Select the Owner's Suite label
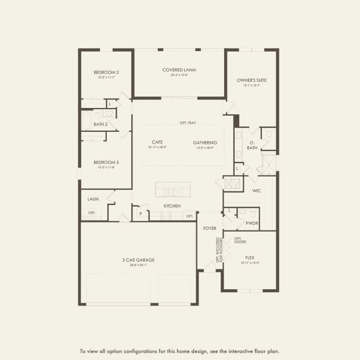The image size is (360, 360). (x=251, y=80)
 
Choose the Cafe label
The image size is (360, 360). (x=158, y=143)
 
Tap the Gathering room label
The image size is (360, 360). (x=205, y=143)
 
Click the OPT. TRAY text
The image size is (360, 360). (x=187, y=123)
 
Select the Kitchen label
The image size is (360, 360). (x=172, y=206)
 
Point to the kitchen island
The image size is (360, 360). (x=173, y=189)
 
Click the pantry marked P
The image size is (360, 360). (x=141, y=213)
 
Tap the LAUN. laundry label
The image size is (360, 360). (x=93, y=199)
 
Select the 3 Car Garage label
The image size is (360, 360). (x=139, y=260)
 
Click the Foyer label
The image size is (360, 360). (x=209, y=228)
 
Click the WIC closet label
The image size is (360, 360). (x=256, y=191)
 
